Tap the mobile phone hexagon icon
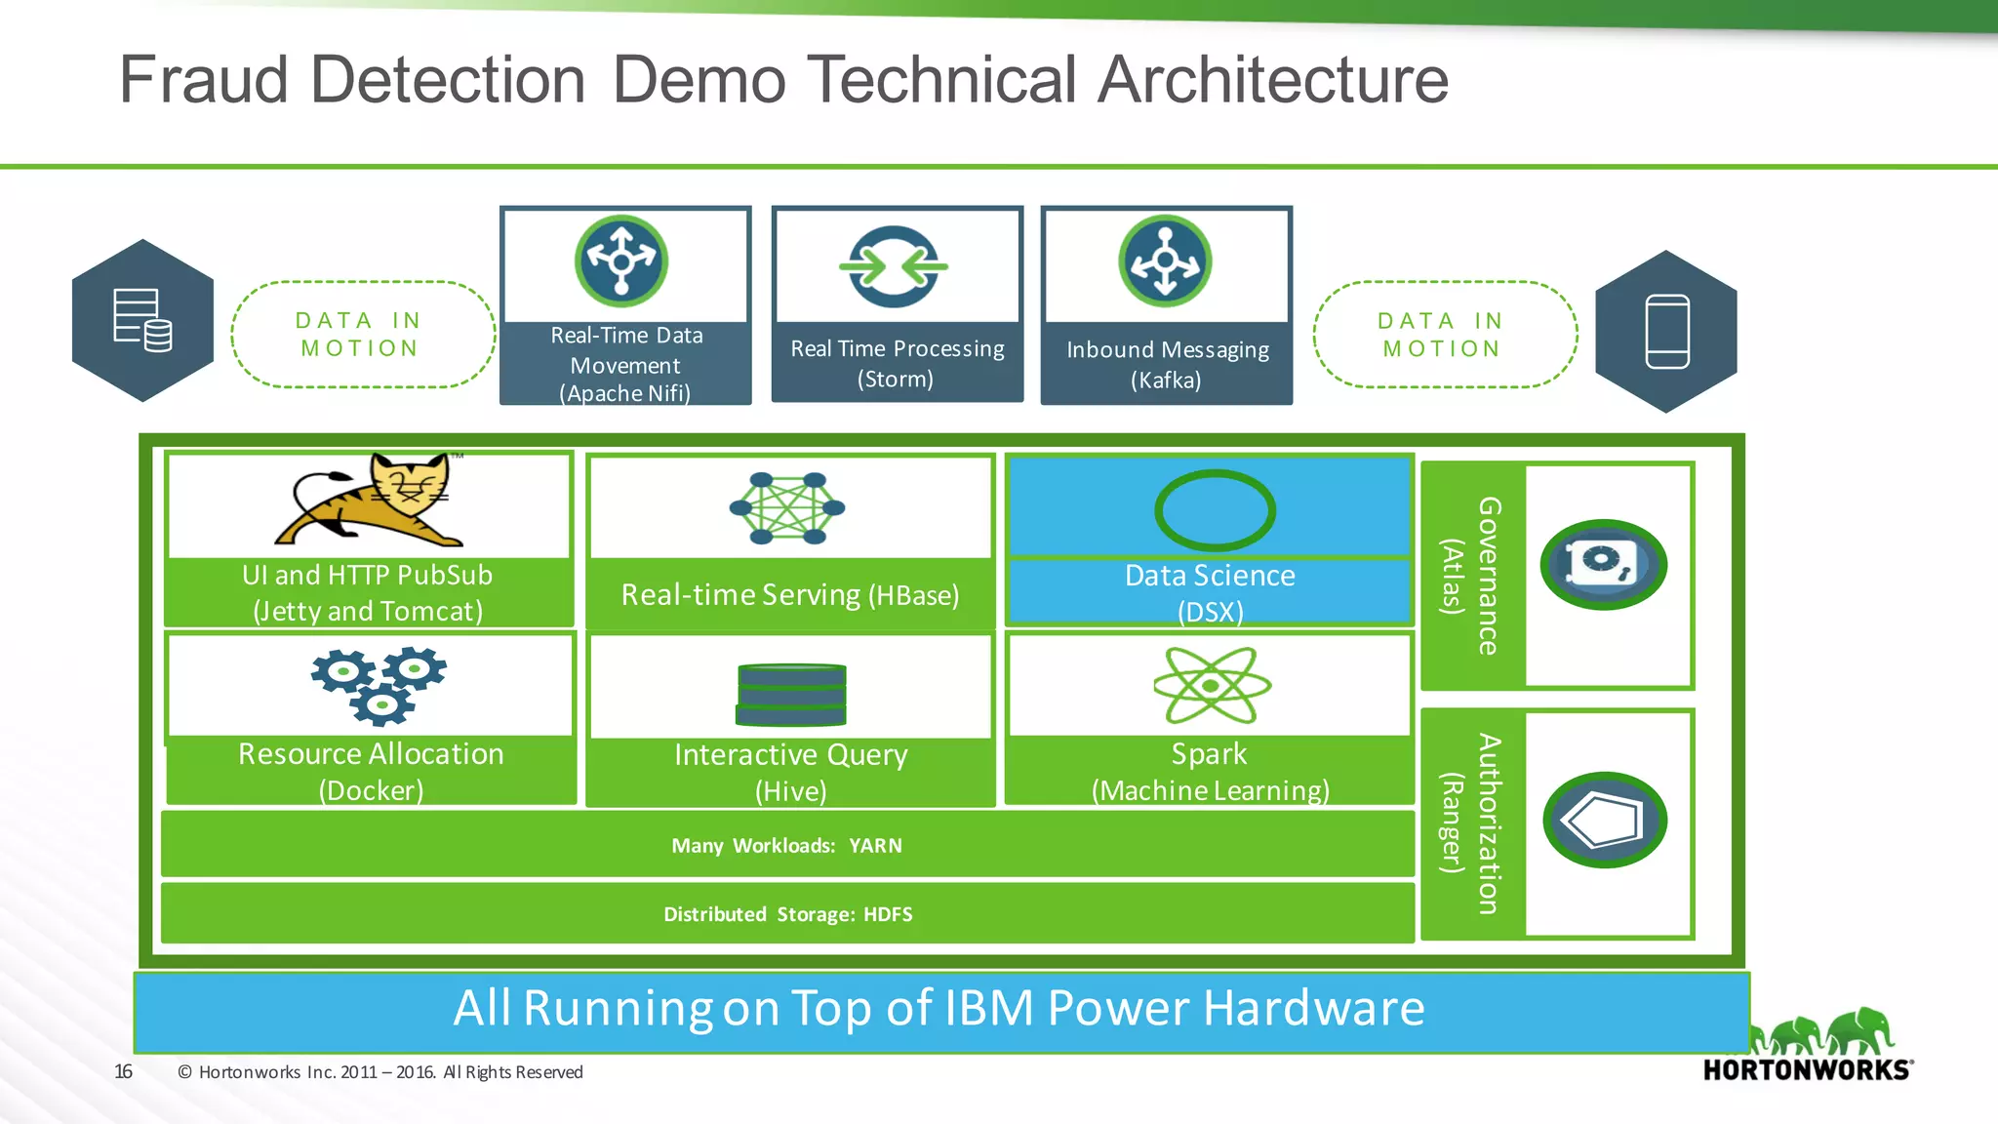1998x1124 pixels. pos(1666,332)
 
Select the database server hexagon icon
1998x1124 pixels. pos(142,320)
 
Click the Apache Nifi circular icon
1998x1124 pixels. pos(621,261)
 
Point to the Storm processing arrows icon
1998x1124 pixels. pos(894,266)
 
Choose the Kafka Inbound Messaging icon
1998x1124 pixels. pos(1165,261)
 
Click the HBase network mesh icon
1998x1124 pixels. pos(787,508)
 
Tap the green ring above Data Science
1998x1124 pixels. pos(1215,510)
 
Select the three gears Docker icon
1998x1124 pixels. pos(380,685)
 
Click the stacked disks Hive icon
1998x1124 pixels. pos(791,694)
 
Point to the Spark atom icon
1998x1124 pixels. pos(1212,685)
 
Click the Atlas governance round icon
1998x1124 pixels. pos(1603,565)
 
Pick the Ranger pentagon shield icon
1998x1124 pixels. pos(1605,821)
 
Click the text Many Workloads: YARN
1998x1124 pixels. pos(786,846)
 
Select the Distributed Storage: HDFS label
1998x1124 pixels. pos(788,914)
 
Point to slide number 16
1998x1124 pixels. pos(123,1071)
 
